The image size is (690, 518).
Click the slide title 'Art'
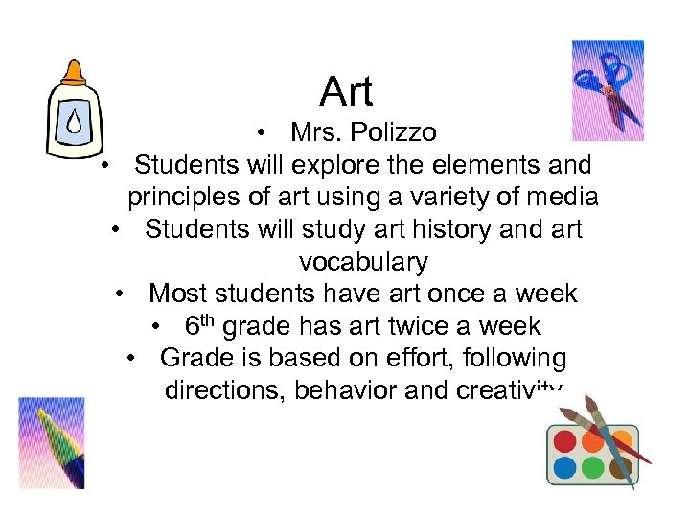[346, 92]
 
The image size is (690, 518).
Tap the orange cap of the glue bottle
[74, 74]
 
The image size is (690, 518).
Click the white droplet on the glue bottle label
[74, 121]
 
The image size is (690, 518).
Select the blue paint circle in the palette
[565, 467]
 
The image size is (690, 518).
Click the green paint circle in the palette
[593, 467]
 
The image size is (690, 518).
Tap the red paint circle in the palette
[565, 440]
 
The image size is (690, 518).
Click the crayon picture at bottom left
[52, 442]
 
